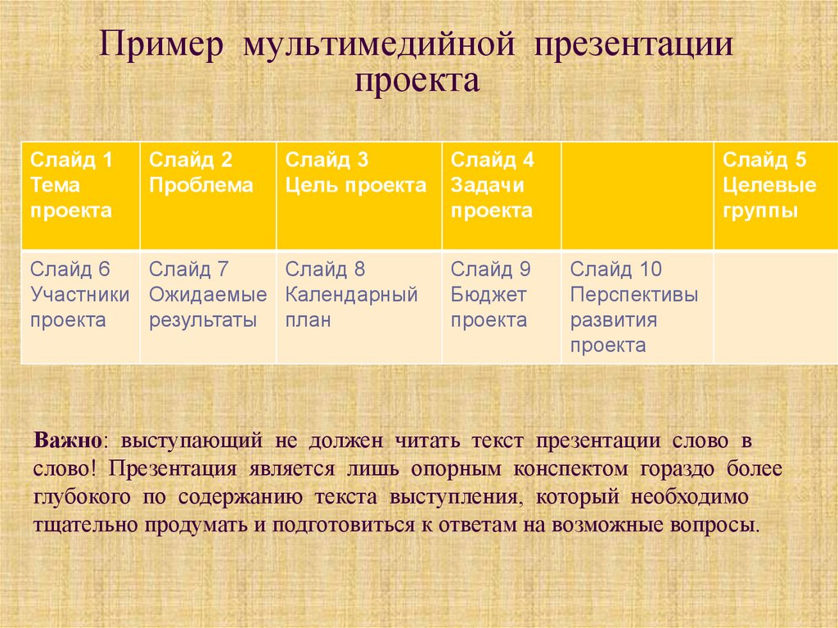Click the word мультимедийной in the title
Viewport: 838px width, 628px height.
point(379,44)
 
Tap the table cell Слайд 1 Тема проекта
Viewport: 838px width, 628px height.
point(81,196)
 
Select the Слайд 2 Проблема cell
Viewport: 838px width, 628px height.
point(209,196)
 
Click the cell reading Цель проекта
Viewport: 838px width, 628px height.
point(359,196)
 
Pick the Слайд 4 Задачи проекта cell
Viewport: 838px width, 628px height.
point(502,196)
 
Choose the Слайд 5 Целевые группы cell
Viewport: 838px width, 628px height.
point(776,196)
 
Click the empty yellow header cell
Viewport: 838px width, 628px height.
point(638,196)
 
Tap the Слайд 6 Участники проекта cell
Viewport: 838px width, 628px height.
point(81,306)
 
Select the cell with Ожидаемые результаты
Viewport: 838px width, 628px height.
point(209,306)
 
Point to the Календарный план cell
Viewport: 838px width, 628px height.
point(359,306)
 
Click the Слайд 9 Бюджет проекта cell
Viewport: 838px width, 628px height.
point(502,306)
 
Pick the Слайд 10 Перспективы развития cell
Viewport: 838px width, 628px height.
point(638,306)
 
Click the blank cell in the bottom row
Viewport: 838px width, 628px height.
point(776,306)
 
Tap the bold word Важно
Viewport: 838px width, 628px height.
point(67,441)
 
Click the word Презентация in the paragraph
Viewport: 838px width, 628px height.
point(173,469)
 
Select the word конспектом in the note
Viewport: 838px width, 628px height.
point(570,469)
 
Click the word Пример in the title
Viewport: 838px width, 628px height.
point(161,45)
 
